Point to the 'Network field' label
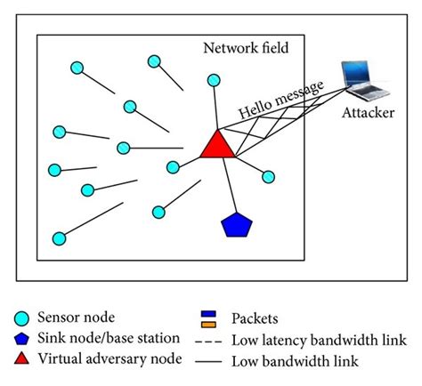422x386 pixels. click(246, 48)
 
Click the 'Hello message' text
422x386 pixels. click(280, 100)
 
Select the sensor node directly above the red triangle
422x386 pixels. click(214, 80)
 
